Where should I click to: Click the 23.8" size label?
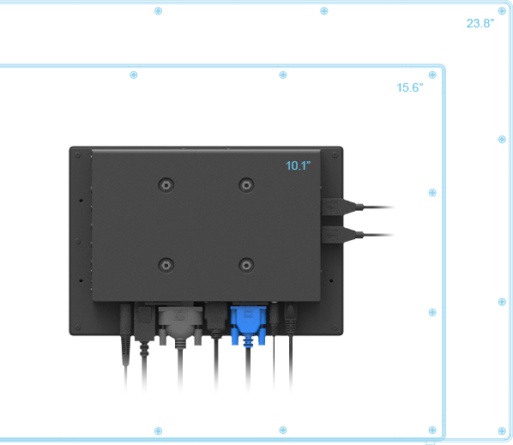[480, 23]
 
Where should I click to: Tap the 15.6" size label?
[409, 87]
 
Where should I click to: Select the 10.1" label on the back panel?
[298, 165]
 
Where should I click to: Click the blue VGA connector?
[248, 325]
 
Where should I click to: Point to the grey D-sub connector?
[180, 326]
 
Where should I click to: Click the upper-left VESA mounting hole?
[166, 185]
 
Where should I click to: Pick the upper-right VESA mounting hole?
[246, 185]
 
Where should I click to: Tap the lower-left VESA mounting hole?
[166, 265]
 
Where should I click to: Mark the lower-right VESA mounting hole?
[246, 265]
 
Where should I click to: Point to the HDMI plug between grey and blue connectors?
[216, 320]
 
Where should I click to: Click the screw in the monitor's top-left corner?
[77, 154]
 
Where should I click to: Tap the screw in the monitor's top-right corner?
[335, 154]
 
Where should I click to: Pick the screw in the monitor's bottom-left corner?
[77, 327]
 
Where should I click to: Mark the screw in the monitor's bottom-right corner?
[335, 327]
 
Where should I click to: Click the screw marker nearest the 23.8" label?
[502, 11]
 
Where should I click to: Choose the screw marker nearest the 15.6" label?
[432, 75]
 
